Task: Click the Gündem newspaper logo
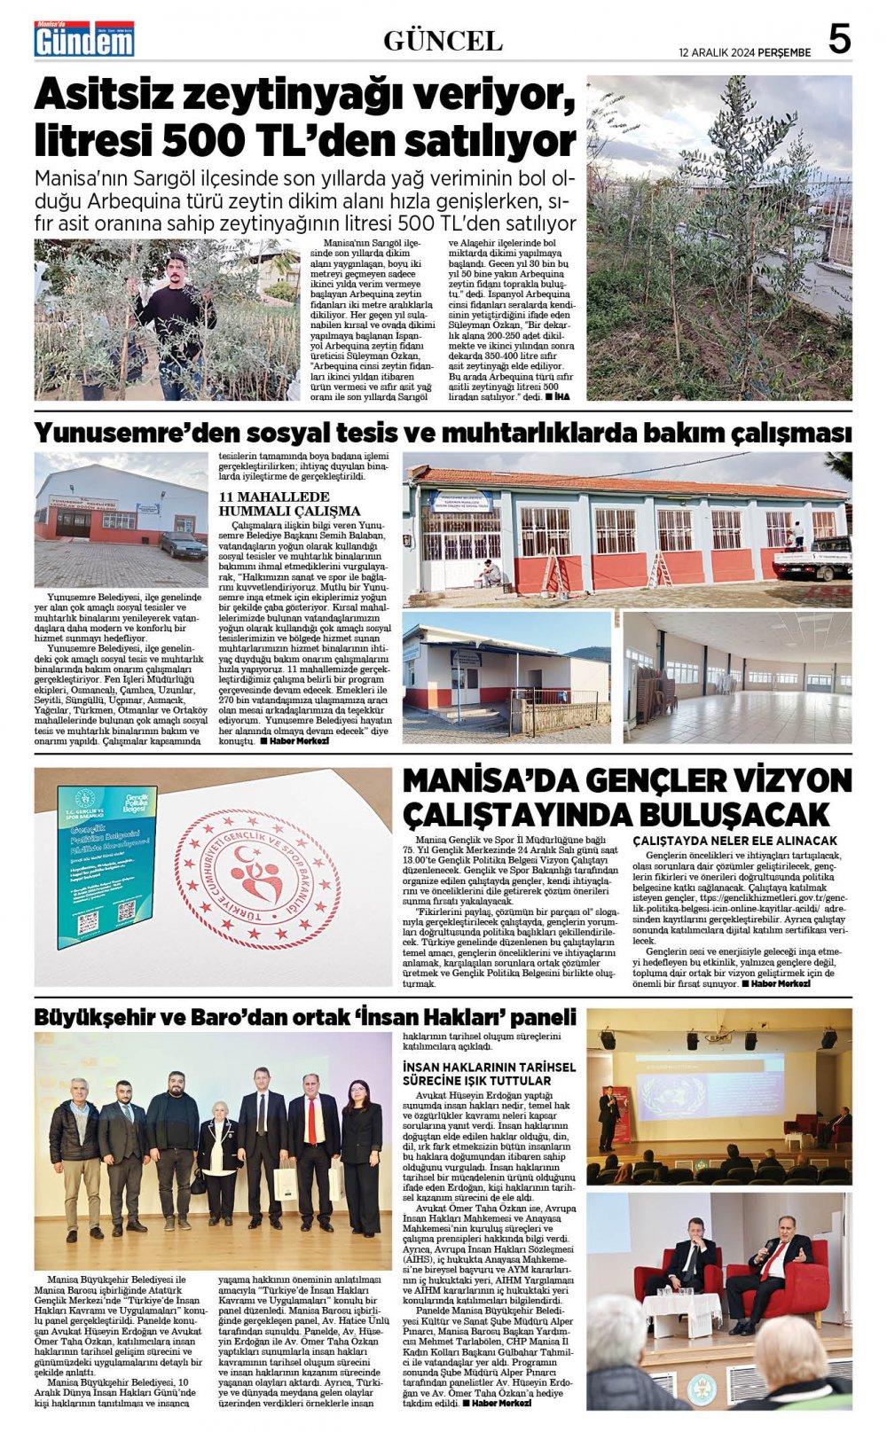point(84,39)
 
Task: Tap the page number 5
point(839,40)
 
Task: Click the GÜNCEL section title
point(443,41)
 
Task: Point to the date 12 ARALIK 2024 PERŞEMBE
point(744,52)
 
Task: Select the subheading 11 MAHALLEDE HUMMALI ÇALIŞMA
point(289,504)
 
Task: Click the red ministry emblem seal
point(257,878)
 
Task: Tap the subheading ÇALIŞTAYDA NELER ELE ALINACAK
point(734,840)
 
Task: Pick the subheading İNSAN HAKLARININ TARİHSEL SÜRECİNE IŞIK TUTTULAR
point(489,1074)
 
